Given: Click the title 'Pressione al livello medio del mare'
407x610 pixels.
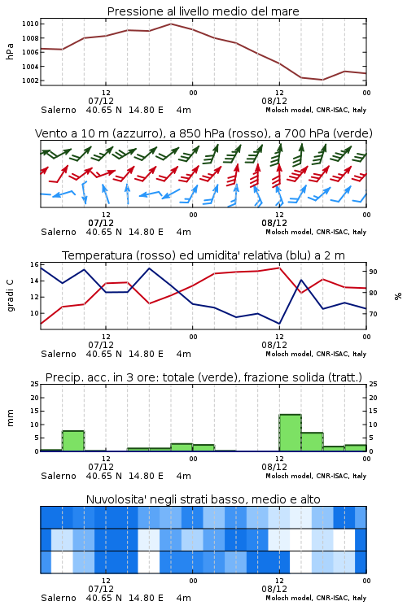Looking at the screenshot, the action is (203, 11).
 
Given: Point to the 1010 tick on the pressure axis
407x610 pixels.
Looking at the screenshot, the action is (30, 24).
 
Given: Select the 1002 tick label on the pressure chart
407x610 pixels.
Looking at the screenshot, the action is (30, 81).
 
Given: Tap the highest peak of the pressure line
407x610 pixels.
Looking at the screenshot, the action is (171, 24).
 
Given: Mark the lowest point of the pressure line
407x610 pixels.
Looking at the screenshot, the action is (322, 80).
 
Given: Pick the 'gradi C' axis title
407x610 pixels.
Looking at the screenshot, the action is (11, 296).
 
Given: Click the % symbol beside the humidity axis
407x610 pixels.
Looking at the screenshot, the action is (398, 296).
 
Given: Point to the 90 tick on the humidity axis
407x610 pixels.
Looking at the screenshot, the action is (373, 272).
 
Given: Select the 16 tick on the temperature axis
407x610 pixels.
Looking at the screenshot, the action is (34, 264).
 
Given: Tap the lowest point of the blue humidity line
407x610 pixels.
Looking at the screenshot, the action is (279, 324).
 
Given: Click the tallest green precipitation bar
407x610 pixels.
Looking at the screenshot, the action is (290, 433).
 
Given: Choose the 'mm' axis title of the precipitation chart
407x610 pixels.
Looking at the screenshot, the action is (11, 417).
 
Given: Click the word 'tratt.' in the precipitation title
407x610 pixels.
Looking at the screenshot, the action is (346, 377).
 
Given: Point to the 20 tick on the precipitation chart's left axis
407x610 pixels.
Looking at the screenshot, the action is (35, 398).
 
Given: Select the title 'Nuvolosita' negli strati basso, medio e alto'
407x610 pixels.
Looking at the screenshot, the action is (203, 499).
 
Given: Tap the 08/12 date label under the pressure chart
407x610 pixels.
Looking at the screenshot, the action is (274, 101).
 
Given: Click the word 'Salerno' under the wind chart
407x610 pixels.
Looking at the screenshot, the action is (59, 232).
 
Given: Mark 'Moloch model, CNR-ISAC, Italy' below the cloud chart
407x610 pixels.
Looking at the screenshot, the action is (316, 598).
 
